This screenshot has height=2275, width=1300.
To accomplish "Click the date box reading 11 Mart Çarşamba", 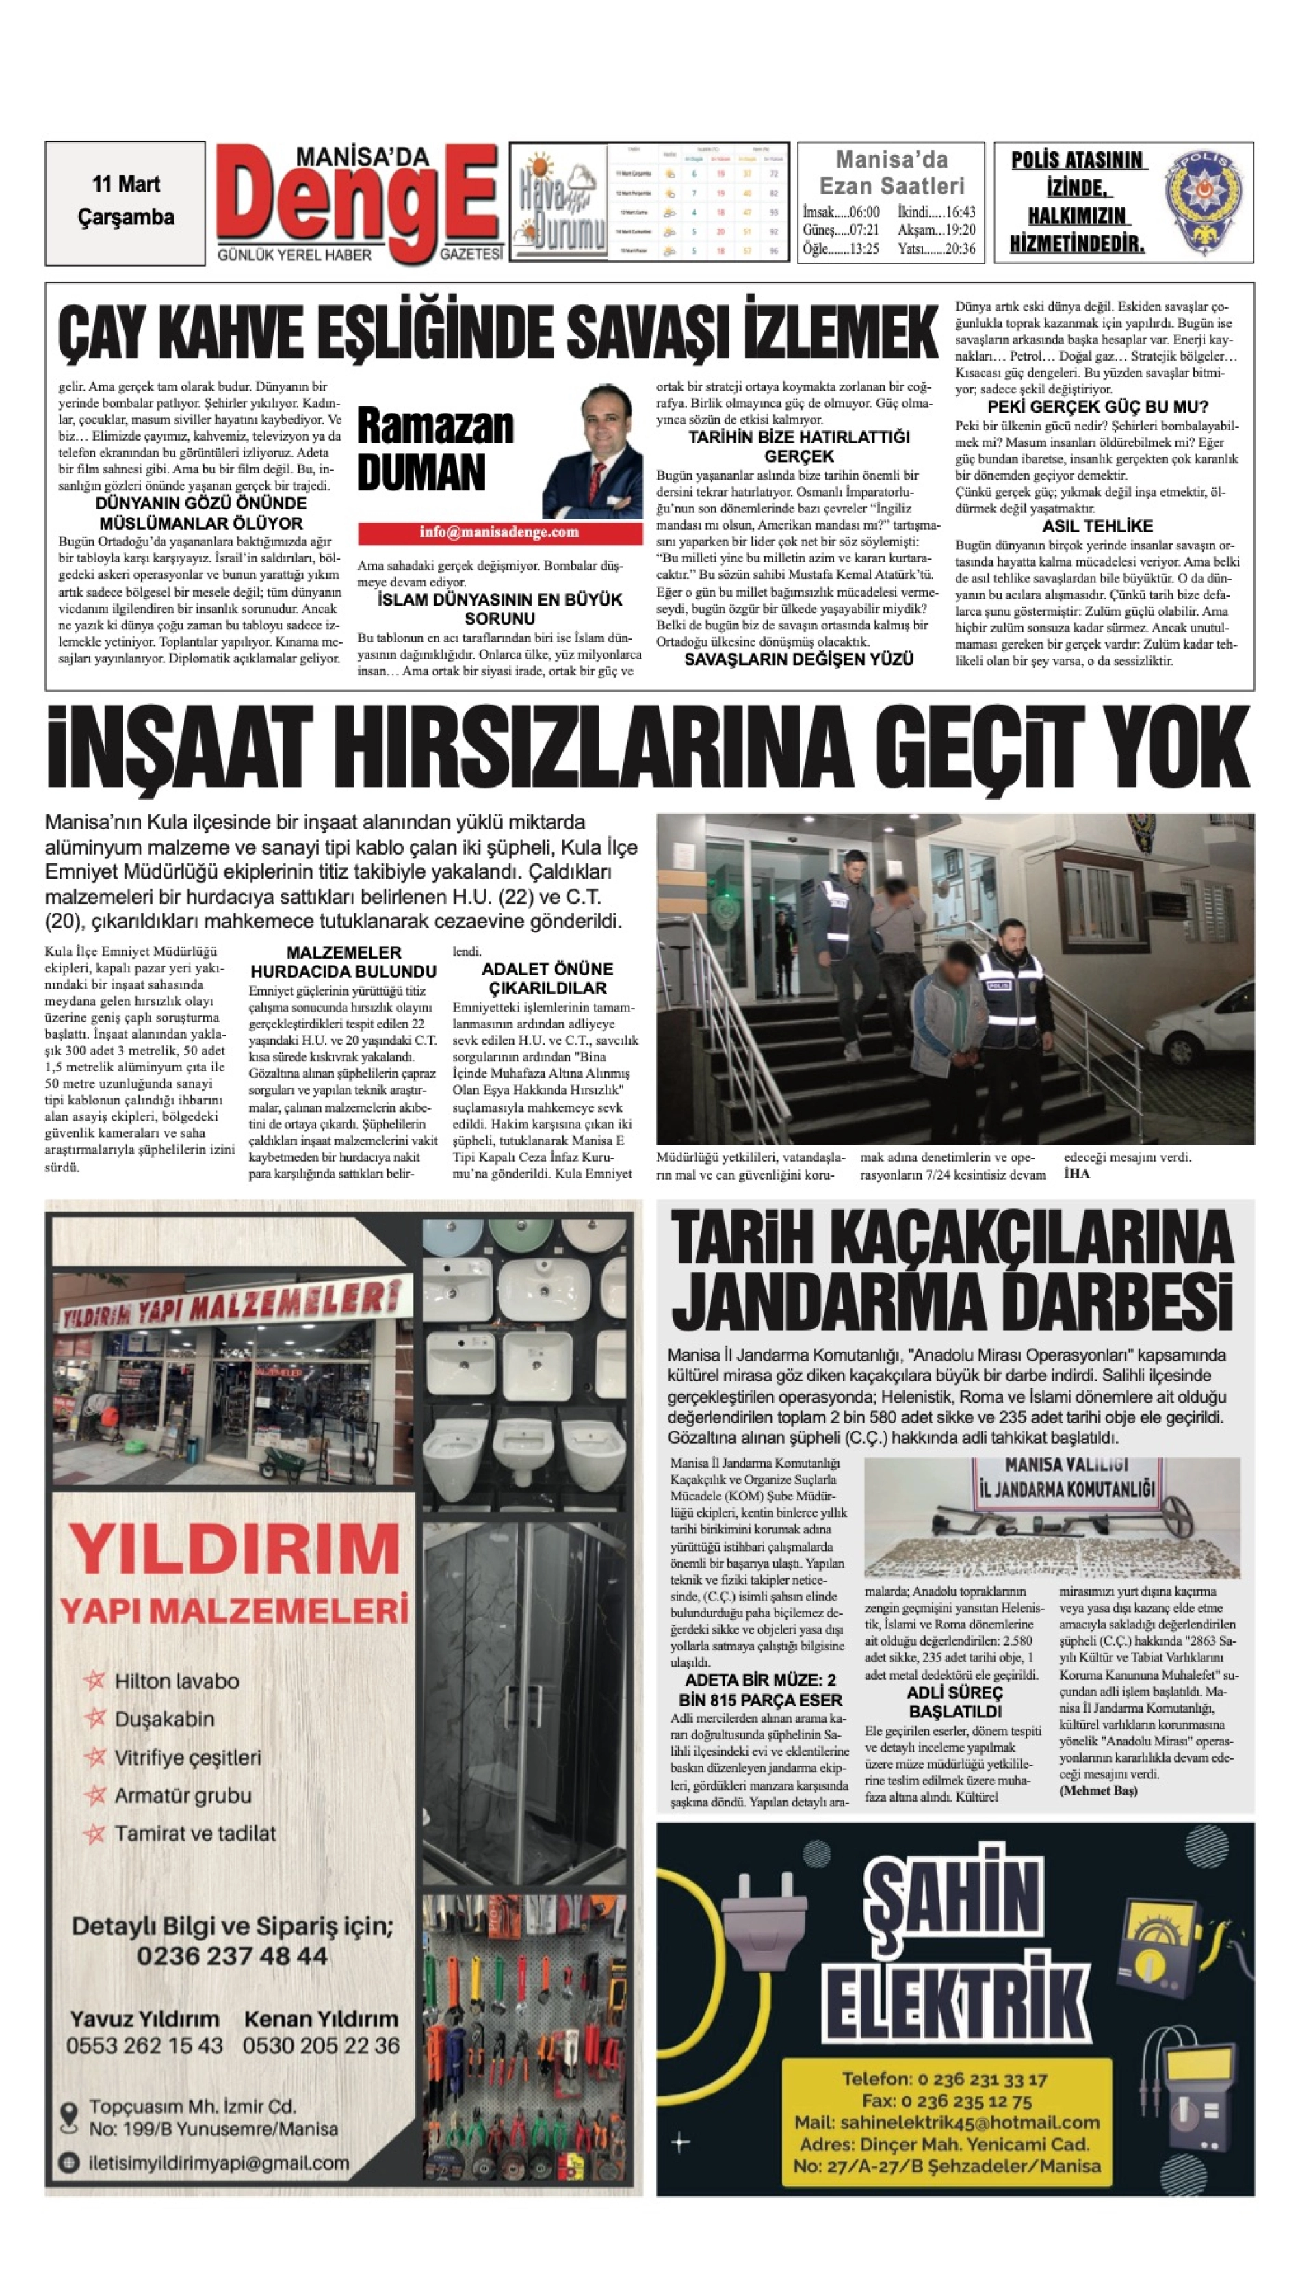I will click(125, 202).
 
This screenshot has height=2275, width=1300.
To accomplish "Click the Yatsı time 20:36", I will click(937, 249).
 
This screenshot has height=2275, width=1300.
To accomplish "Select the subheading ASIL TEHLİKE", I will click(1097, 526).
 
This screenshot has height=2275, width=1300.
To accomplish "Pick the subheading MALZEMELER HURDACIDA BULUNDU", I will click(343, 961).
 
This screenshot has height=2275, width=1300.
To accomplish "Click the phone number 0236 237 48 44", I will click(232, 1956).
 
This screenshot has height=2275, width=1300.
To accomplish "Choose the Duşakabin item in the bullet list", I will click(164, 1719).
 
